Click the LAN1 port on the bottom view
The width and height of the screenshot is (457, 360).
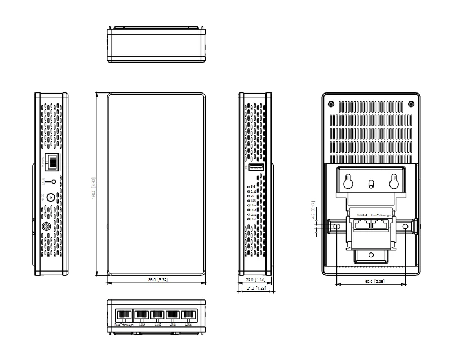click(141, 315)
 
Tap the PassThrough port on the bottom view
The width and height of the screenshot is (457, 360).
click(124, 315)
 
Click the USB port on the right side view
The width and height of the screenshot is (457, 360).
click(255, 168)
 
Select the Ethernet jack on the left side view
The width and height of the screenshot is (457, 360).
click(52, 162)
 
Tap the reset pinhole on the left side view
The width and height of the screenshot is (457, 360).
click(54, 181)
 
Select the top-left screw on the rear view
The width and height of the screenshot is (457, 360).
click(331, 104)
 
